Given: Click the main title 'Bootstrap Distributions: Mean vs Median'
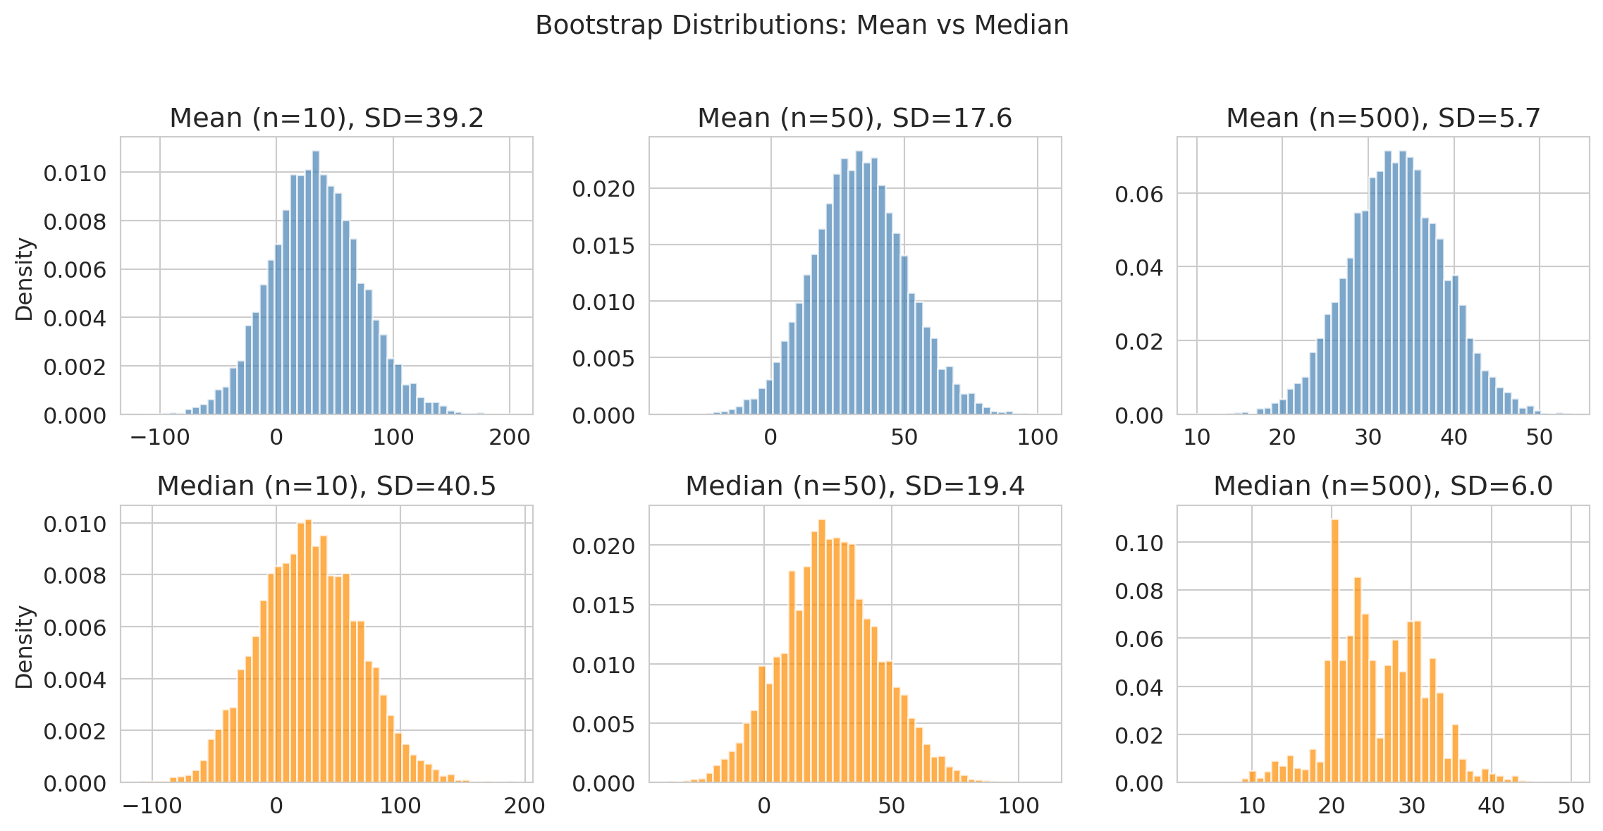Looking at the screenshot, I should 801,25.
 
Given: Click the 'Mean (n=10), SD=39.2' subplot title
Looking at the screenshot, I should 326,118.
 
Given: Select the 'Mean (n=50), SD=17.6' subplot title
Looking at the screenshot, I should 854,118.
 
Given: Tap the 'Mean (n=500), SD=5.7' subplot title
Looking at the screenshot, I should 1383,118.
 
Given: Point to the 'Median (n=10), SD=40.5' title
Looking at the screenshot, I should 326,486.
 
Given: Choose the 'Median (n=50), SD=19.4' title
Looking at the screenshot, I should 854,486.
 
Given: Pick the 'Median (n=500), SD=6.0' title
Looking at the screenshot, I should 1383,486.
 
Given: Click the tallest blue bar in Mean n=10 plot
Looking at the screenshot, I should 315,282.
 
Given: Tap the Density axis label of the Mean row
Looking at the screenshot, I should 25,279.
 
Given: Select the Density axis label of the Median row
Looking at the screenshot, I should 25,647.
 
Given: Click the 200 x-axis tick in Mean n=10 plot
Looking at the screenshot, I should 510,438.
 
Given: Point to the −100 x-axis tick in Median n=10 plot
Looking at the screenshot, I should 152,806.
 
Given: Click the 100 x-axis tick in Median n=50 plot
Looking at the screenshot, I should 1019,806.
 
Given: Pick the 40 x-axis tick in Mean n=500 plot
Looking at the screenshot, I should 1454,438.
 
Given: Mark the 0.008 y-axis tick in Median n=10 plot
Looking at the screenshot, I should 75,576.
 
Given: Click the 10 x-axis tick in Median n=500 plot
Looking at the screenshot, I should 1251,806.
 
